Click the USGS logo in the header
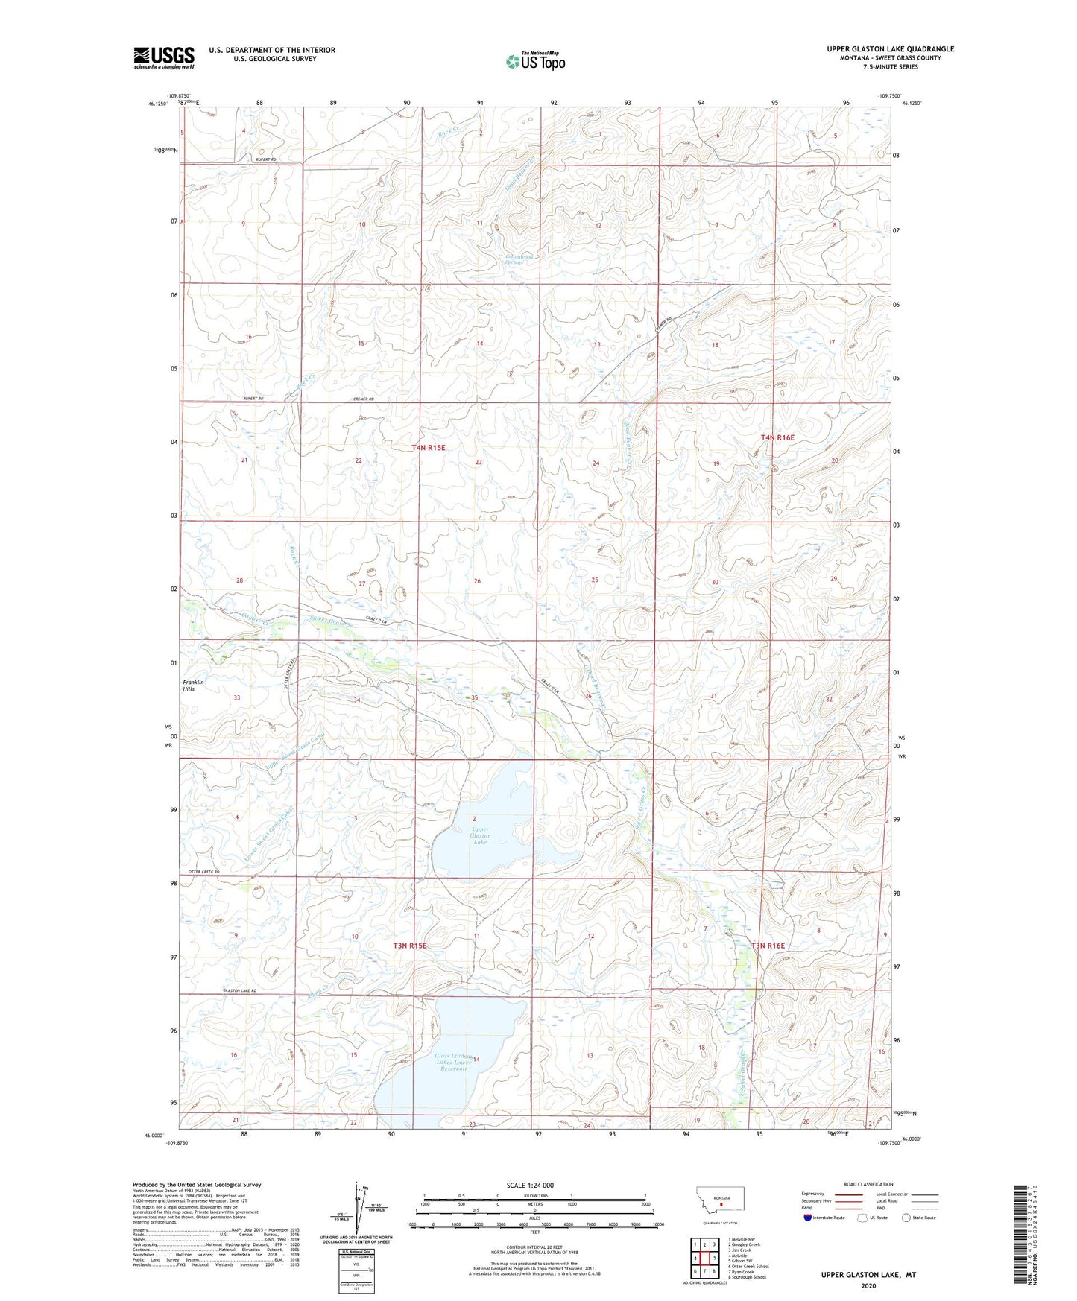click(164, 57)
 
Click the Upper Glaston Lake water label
click(480, 835)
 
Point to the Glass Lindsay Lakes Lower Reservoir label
click(454, 1062)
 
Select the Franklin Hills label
click(194, 686)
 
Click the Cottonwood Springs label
click(514, 259)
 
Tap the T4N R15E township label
click(429, 447)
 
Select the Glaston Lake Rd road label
click(240, 990)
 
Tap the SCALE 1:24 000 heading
click(530, 1185)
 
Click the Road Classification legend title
click(868, 1184)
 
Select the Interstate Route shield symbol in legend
click(809, 1218)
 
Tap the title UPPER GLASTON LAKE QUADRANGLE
click(890, 49)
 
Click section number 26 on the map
click(477, 581)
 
